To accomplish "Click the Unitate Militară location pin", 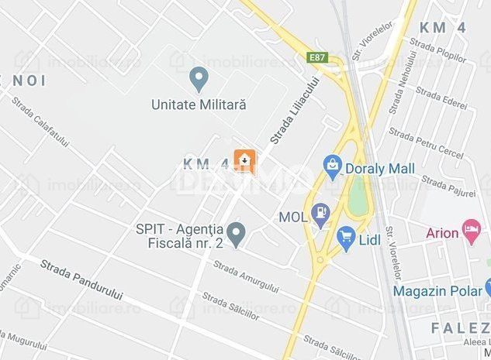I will [199, 78].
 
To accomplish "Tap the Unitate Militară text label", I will [199, 104].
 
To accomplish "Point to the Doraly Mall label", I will [382, 169].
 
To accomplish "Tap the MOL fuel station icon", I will [320, 214].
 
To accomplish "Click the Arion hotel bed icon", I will [471, 229].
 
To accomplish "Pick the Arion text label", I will [442, 231].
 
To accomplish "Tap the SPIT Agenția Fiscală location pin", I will [237, 231].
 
